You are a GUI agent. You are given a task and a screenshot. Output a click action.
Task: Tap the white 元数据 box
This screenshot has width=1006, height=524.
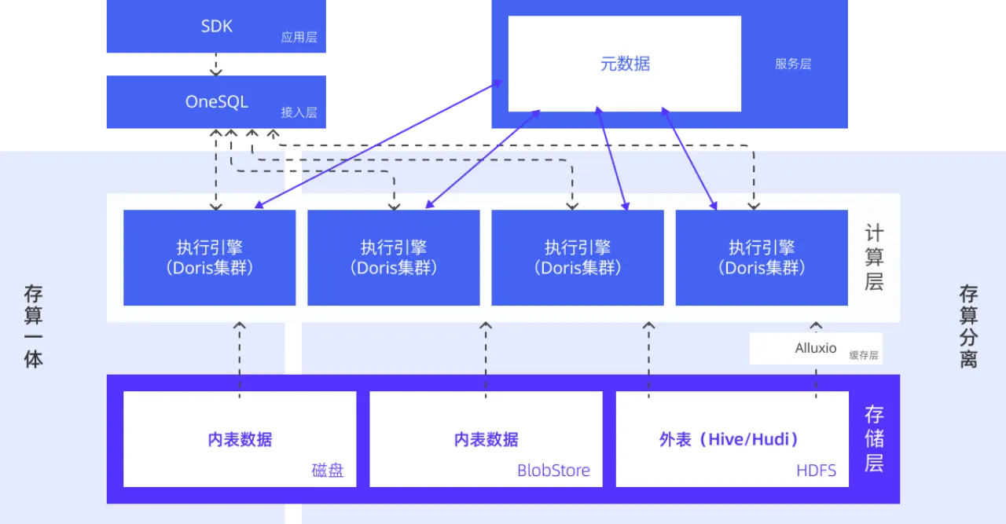point(624,64)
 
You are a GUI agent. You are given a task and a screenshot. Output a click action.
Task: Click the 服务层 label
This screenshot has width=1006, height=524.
point(792,64)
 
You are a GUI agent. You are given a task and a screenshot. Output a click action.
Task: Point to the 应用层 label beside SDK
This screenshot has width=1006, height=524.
point(299,37)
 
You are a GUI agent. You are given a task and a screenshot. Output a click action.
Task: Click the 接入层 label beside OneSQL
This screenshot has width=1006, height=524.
point(299,112)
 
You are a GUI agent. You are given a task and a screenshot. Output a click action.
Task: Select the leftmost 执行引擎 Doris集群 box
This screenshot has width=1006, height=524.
point(209,258)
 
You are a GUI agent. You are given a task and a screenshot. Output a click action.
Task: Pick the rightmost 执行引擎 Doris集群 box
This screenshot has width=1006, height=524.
point(761,258)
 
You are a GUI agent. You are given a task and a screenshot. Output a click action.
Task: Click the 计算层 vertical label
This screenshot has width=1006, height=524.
point(874,258)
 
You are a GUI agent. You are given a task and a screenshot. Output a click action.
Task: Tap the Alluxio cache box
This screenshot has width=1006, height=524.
point(815,348)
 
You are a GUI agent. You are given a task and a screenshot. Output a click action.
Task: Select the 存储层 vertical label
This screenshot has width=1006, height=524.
point(874,438)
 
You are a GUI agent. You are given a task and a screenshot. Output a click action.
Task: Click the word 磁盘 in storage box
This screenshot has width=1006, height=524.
point(328,471)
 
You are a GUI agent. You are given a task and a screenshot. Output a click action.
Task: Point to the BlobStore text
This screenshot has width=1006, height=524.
point(553,471)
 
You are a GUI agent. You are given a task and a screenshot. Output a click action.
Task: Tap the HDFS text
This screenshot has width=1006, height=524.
point(816,471)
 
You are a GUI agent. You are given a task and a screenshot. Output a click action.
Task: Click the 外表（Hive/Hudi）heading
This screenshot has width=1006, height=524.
point(729,439)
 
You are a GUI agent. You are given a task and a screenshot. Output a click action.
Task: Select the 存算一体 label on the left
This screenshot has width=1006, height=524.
point(33,327)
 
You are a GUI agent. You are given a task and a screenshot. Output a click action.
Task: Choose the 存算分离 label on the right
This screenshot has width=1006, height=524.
point(968,327)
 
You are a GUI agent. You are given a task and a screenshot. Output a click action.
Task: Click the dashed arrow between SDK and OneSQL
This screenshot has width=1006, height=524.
point(216,66)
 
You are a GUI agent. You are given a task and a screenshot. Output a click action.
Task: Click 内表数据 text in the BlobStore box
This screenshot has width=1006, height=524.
point(486,439)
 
